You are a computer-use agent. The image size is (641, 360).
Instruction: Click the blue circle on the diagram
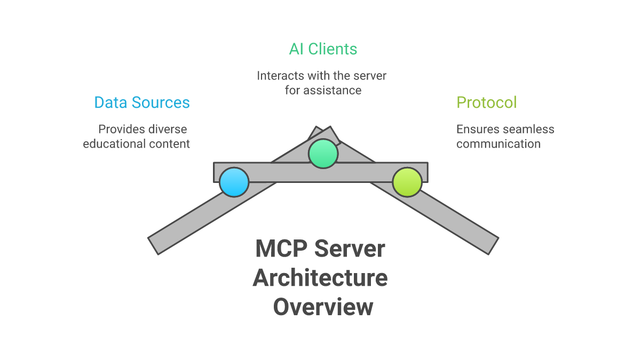click(234, 182)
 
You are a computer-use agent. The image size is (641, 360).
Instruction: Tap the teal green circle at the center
click(323, 153)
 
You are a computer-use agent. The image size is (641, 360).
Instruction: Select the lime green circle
click(407, 182)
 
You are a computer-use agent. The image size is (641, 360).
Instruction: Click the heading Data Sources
click(142, 102)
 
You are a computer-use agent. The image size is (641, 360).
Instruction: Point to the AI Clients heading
click(323, 49)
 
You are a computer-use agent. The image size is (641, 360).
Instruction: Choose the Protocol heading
click(486, 102)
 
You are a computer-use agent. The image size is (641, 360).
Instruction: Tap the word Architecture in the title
click(320, 278)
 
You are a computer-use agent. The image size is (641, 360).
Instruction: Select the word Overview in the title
click(323, 308)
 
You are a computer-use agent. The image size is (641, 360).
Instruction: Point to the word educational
click(110, 144)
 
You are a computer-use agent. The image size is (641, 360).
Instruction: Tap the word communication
click(498, 144)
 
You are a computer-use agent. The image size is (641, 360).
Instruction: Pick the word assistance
click(332, 90)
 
